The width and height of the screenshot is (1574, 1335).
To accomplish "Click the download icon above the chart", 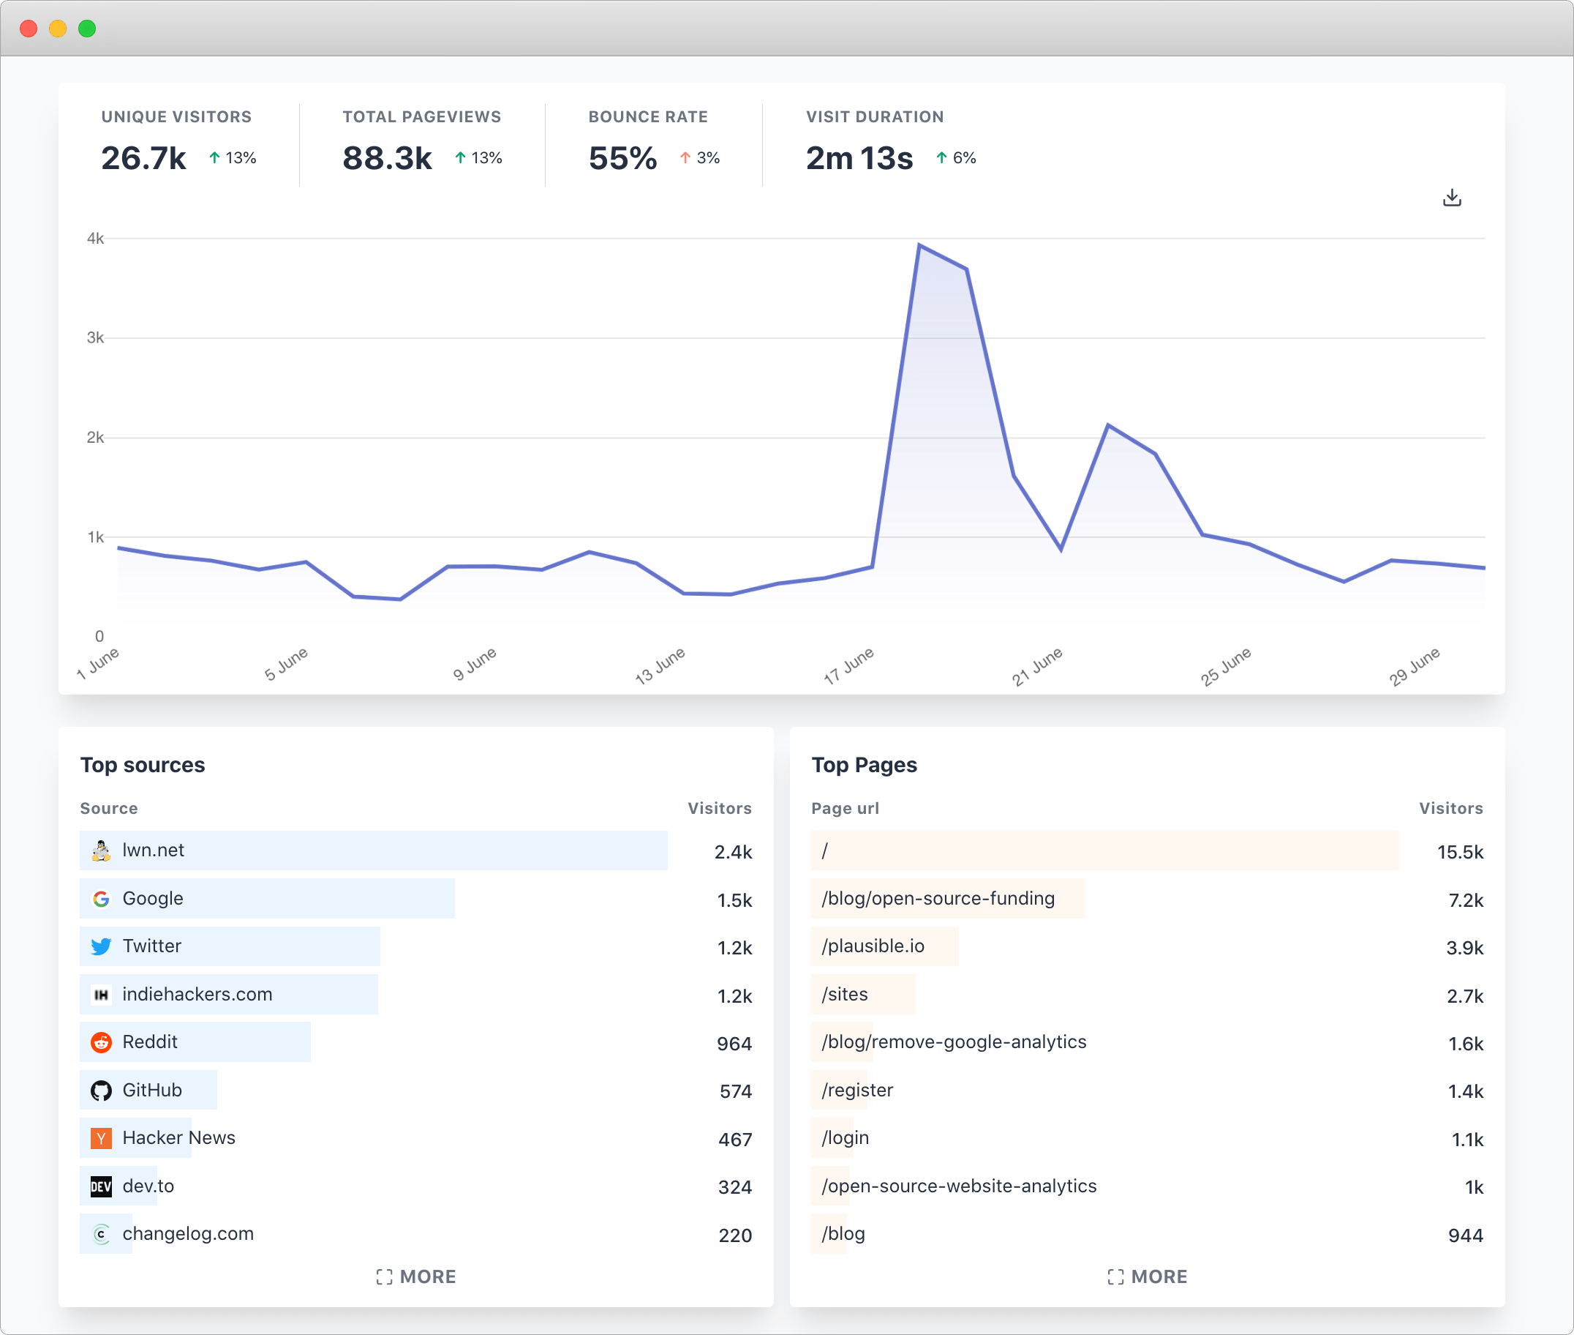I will point(1451,198).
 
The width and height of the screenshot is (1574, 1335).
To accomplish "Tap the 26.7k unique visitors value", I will point(143,158).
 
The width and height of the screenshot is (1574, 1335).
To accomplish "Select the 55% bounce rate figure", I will point(622,158).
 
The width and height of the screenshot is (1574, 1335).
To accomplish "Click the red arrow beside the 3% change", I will point(685,157).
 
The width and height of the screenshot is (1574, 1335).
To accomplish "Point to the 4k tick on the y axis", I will point(95,239).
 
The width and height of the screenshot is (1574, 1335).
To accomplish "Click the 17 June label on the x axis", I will point(848,665).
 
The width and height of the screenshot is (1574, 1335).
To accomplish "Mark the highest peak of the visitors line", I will point(919,245).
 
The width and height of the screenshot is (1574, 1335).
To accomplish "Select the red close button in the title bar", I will point(29,29).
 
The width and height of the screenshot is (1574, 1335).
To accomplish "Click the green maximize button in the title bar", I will point(87,29).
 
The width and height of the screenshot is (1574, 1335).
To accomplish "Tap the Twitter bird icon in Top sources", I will point(101,946).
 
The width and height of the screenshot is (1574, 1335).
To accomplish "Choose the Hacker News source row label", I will point(178,1137).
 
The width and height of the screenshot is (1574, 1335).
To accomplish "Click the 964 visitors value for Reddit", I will point(734,1044).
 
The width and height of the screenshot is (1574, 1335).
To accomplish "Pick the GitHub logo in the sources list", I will point(101,1090).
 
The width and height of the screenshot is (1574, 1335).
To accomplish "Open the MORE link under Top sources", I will point(416,1276).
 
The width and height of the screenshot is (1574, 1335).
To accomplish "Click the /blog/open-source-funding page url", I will point(938,898).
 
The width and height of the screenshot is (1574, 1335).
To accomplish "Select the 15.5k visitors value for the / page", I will point(1460,852).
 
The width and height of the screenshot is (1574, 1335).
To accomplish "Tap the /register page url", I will point(857,1090).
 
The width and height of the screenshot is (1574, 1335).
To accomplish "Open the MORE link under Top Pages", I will point(1148,1276).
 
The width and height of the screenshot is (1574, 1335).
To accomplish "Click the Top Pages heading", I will point(864,765).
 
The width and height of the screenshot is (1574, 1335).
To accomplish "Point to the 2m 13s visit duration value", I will point(859,158).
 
